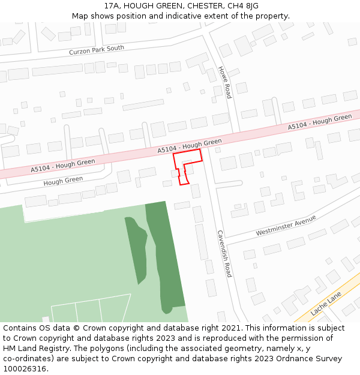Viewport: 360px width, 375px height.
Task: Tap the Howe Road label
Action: (x=224, y=82)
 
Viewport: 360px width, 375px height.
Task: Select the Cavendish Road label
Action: (x=224, y=253)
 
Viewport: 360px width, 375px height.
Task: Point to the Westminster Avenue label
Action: (x=286, y=225)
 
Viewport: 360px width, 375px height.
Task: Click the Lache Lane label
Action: (x=326, y=304)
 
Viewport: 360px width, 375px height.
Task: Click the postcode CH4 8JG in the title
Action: (x=242, y=6)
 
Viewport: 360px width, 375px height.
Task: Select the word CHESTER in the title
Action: (x=202, y=6)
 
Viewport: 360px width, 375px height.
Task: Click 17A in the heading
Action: (x=112, y=6)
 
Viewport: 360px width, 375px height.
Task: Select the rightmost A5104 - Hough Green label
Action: (x=319, y=122)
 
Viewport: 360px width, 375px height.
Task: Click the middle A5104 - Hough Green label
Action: (x=190, y=146)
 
